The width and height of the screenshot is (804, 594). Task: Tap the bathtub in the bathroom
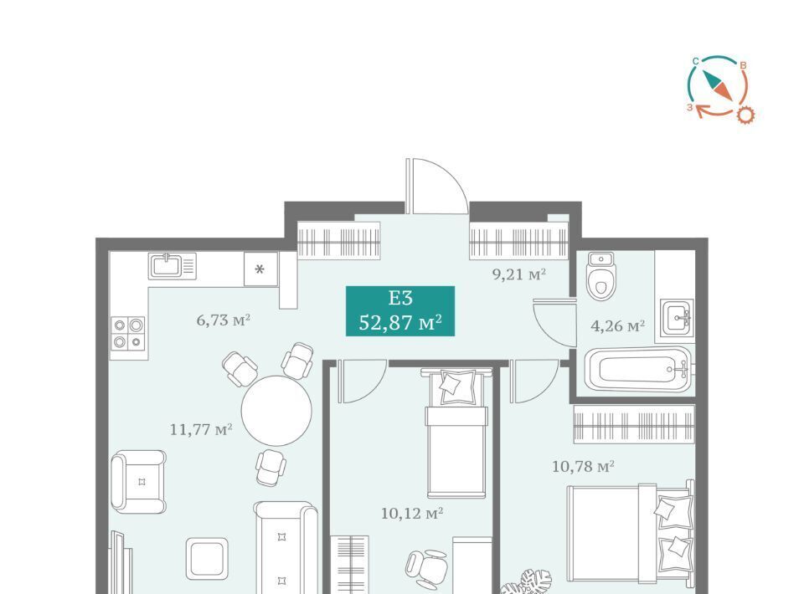(x=638, y=369)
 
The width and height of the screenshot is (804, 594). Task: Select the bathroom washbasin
(x=677, y=317)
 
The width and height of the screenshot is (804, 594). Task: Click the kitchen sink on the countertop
(x=173, y=266)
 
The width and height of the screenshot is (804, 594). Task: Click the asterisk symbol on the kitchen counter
(x=260, y=269)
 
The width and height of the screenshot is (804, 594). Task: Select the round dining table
(x=277, y=411)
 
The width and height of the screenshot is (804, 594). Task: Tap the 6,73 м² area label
(x=223, y=320)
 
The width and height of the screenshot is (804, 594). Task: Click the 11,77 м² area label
(x=201, y=429)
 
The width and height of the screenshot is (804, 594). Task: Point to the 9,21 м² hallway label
(x=519, y=274)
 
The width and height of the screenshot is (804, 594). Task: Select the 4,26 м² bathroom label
(x=617, y=325)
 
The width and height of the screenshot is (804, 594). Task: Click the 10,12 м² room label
(x=412, y=513)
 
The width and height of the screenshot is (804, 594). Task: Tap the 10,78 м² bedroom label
(x=583, y=467)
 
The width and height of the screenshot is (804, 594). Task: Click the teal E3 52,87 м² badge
(x=400, y=311)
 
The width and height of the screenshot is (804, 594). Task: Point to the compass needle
(x=718, y=85)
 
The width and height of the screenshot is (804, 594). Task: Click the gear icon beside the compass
(x=745, y=115)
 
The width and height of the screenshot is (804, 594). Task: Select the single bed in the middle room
(x=456, y=433)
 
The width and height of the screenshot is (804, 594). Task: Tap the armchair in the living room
(x=139, y=481)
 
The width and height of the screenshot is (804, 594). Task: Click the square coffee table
(x=207, y=559)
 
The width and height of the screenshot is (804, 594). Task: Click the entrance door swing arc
(x=452, y=174)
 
